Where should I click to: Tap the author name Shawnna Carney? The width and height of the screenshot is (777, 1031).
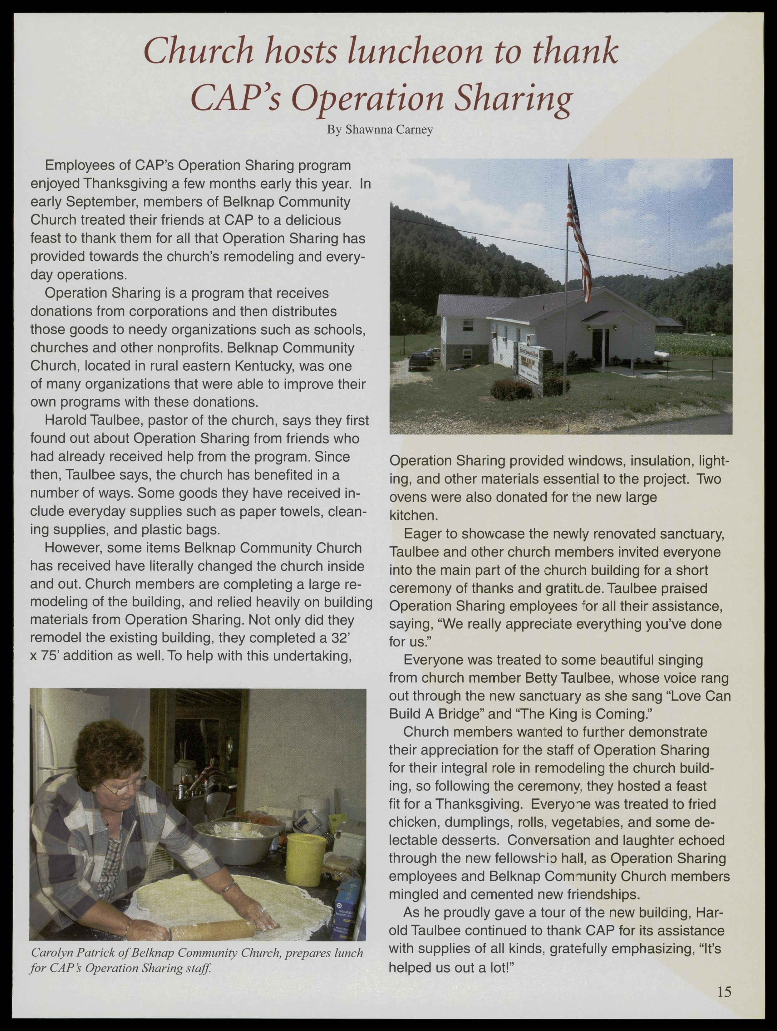click(x=380, y=130)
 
